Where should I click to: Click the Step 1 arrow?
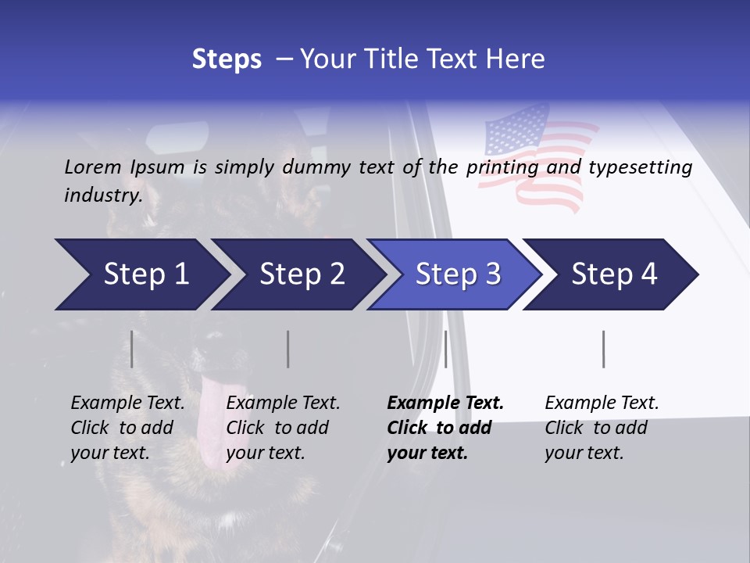(x=141, y=274)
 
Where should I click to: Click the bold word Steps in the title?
(x=227, y=59)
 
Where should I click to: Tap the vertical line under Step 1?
(x=131, y=349)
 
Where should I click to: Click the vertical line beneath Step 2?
(x=287, y=349)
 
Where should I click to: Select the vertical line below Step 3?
(x=445, y=349)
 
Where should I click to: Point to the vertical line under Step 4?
(x=603, y=349)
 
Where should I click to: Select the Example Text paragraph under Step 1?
(x=127, y=428)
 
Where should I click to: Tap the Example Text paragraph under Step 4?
(x=602, y=428)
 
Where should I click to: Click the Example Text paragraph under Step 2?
(x=283, y=428)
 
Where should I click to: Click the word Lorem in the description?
(x=92, y=167)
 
